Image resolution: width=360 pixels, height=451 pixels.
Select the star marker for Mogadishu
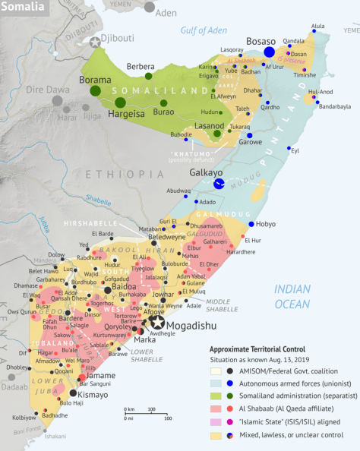[156, 320]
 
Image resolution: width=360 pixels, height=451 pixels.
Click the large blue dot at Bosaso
[269, 52]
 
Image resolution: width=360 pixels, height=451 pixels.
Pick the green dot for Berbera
[148, 76]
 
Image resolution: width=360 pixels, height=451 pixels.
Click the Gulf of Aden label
[204, 30]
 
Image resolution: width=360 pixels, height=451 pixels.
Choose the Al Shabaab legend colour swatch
[216, 407]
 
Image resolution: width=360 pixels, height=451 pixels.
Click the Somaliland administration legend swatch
[216, 396]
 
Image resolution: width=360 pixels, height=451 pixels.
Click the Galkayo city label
[205, 172]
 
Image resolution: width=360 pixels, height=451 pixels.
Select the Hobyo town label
[267, 225]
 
